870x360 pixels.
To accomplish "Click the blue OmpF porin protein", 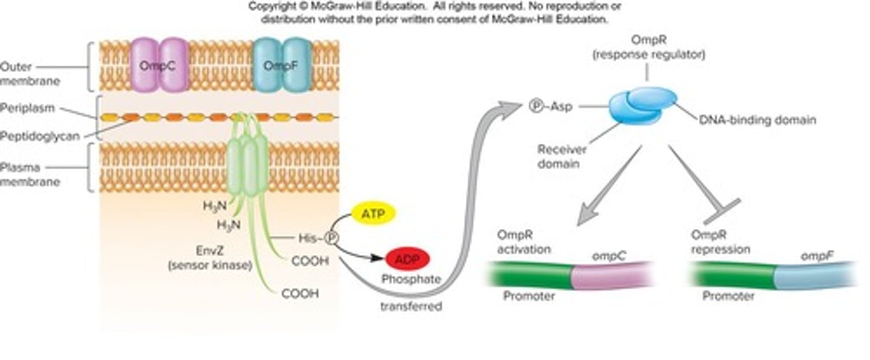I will coord(282,65).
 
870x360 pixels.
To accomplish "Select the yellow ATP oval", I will coord(373,214).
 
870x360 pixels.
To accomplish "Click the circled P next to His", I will coord(331,238).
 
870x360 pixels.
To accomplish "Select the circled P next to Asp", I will coord(536,106).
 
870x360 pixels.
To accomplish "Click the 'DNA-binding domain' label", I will coord(757,120).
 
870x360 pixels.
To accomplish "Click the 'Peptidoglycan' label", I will coord(40,137).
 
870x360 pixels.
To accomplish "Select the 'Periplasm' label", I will coord(28,108).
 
